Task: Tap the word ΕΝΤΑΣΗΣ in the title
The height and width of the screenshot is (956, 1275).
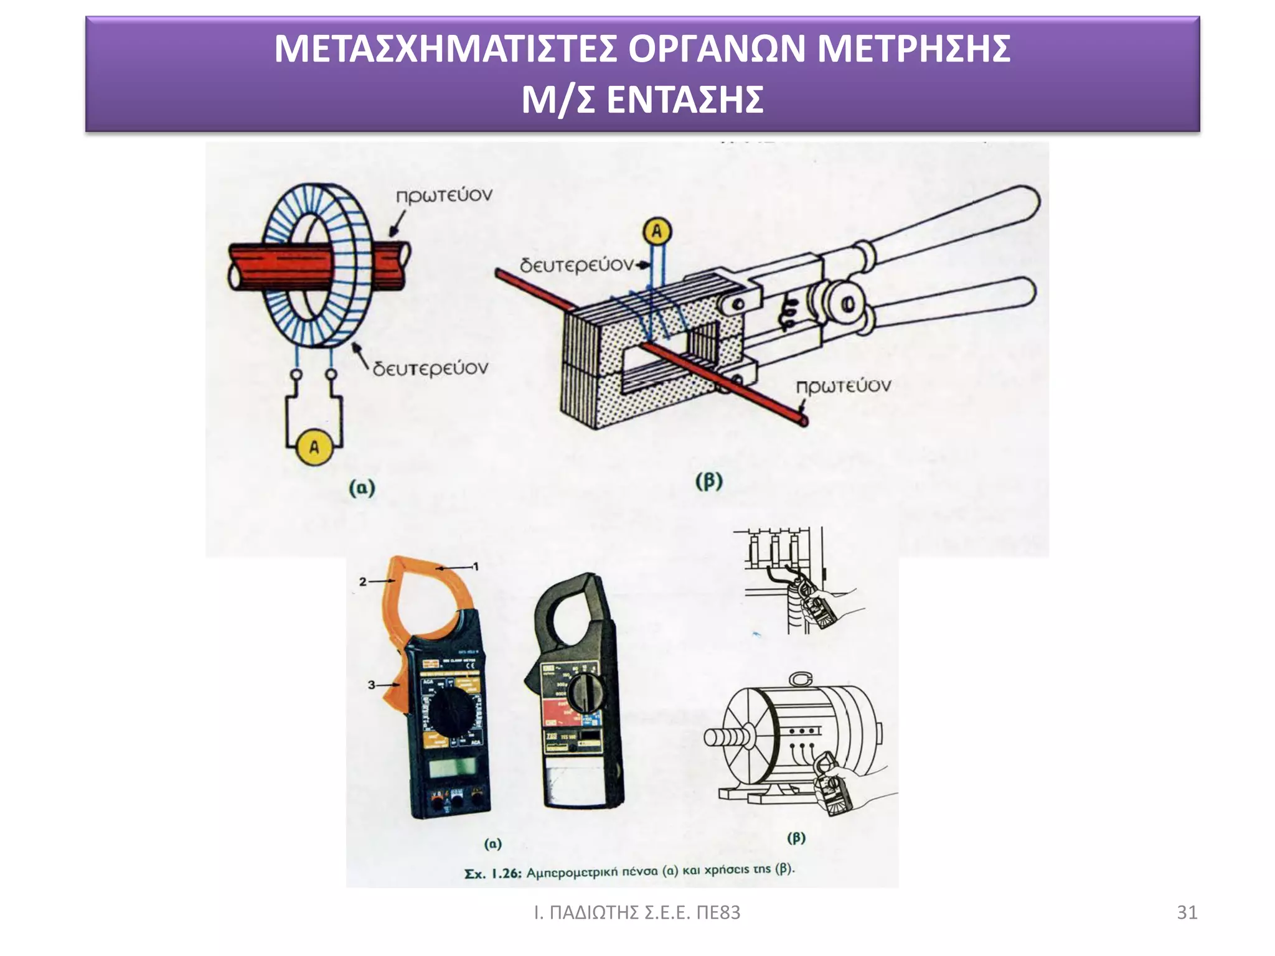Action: (x=685, y=100)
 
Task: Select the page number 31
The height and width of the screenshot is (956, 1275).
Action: (x=1187, y=912)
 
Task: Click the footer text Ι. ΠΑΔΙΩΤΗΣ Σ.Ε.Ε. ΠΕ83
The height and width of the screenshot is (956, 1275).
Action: (x=637, y=912)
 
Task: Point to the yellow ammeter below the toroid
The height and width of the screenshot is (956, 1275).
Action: (x=314, y=447)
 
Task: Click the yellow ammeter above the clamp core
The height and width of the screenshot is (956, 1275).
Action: (x=656, y=232)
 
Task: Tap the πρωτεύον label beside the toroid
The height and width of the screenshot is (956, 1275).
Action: (x=444, y=195)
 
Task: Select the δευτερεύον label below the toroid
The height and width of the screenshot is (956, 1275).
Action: (x=430, y=368)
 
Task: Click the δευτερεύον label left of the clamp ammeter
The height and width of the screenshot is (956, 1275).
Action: (x=576, y=266)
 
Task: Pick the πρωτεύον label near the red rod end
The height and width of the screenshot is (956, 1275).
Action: (x=844, y=386)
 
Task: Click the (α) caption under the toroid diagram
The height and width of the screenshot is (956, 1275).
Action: (x=362, y=487)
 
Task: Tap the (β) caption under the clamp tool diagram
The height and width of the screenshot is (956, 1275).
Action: (x=708, y=481)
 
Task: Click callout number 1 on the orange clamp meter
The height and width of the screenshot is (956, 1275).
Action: (x=476, y=566)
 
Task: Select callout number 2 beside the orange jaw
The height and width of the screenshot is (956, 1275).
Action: (x=363, y=581)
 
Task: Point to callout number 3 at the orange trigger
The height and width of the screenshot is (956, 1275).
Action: (x=371, y=685)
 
